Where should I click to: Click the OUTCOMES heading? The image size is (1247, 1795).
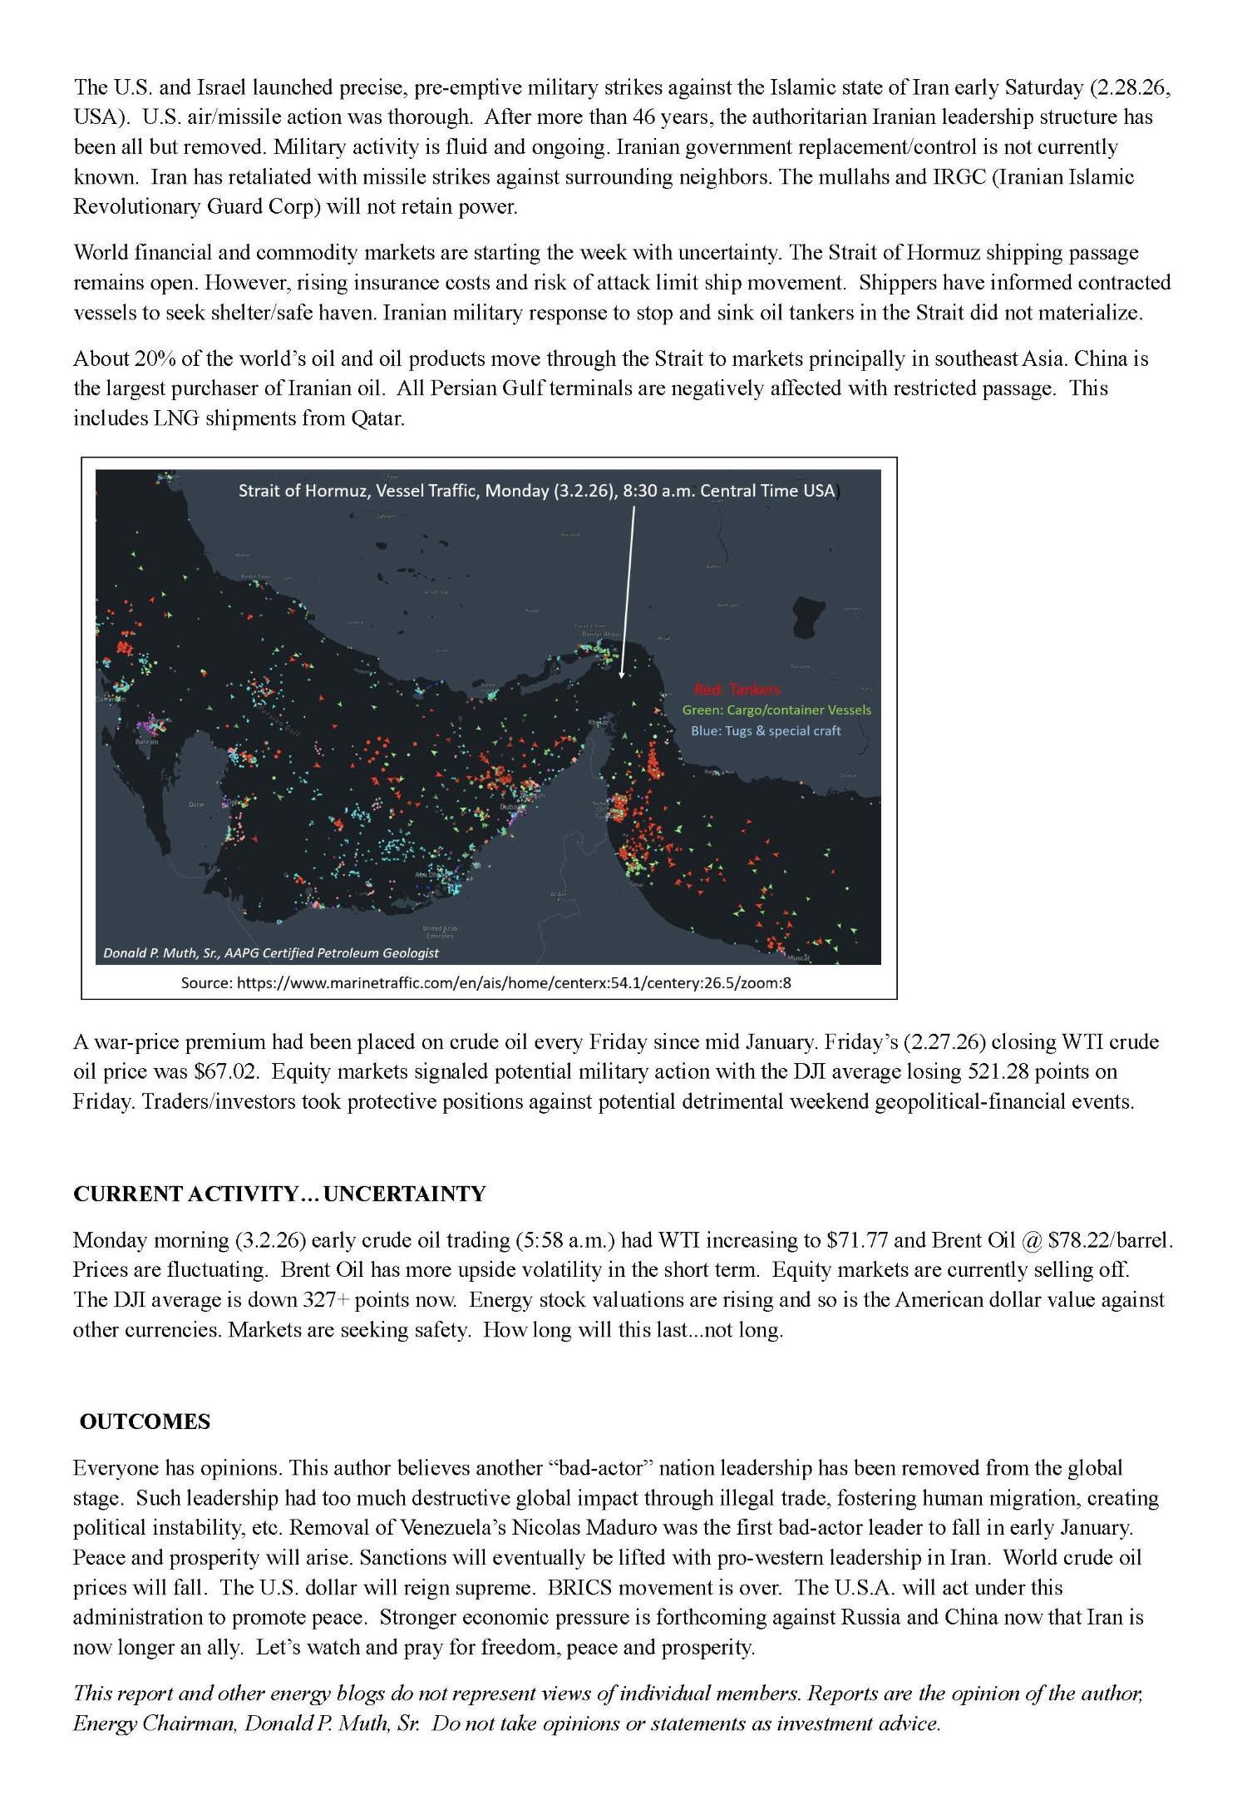(145, 1422)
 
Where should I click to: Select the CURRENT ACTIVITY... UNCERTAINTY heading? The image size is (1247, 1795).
(279, 1194)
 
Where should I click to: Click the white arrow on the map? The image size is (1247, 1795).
(628, 591)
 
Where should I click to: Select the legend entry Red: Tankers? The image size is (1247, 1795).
(737, 690)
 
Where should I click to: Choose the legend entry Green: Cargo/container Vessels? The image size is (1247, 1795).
(776, 710)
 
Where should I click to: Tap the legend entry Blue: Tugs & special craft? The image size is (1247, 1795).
(766, 731)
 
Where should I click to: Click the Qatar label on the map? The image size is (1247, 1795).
(196, 804)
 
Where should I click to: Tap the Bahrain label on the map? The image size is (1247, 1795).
(147, 741)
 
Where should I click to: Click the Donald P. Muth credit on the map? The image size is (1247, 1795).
(271, 953)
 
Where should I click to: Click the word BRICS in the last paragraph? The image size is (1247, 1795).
(579, 1588)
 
